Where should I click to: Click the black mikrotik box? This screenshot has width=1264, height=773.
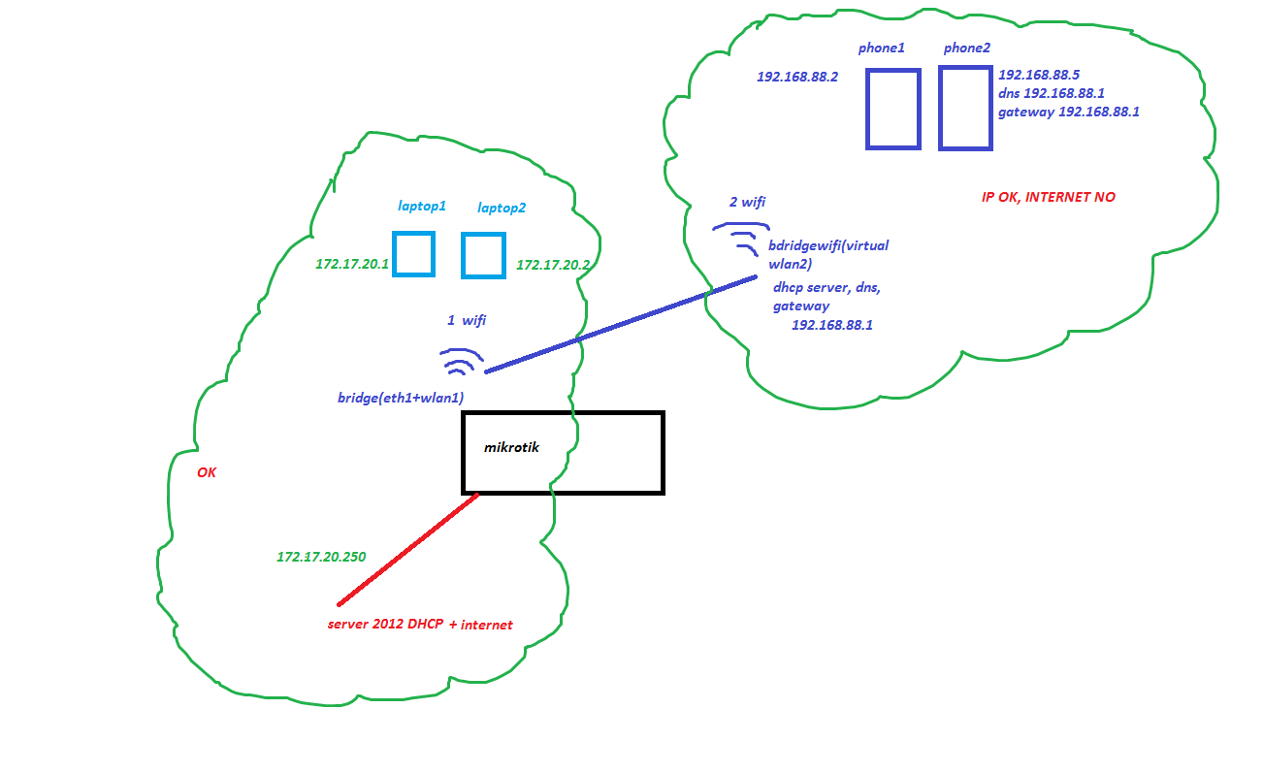[x=563, y=453]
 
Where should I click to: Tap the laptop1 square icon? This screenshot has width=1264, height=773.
[x=413, y=254]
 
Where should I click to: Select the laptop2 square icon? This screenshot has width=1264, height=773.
[x=482, y=255]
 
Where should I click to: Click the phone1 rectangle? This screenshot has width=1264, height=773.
[x=892, y=109]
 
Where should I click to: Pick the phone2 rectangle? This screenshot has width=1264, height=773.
[x=965, y=108]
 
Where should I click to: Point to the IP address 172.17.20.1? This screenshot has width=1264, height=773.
[x=351, y=264]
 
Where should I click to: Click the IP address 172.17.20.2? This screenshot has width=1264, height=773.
[x=553, y=264]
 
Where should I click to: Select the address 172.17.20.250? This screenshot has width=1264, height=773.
[x=321, y=557]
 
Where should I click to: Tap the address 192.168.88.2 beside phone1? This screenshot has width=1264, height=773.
[x=796, y=76]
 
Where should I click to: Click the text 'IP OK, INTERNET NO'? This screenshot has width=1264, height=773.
[x=1048, y=197]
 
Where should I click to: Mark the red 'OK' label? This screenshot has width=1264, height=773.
[x=207, y=472]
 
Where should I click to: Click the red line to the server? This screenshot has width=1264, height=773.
[x=407, y=549]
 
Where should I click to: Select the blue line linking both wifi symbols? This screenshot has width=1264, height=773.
[x=621, y=324]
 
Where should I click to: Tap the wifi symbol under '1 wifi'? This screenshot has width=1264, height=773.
[x=461, y=362]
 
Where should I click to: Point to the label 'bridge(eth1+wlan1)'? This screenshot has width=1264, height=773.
[x=400, y=398]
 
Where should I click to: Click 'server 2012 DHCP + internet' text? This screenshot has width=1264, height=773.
[x=420, y=625]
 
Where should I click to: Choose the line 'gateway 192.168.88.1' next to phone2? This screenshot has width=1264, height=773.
[x=1068, y=112]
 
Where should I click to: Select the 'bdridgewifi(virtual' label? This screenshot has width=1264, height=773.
[x=827, y=245]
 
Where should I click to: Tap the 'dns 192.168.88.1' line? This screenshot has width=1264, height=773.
[x=1052, y=93]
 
